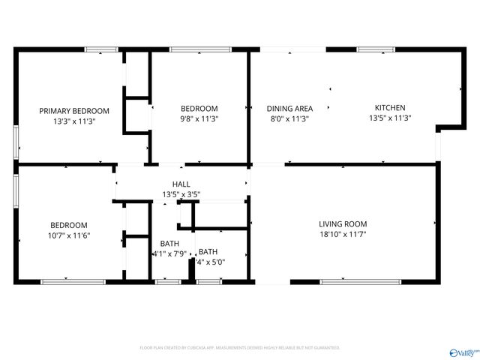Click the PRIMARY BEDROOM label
coord(74,110)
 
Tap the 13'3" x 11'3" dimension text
coord(74,120)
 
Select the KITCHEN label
coord(390,108)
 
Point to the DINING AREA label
coord(289,108)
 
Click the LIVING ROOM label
coord(343,223)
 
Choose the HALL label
coord(181,184)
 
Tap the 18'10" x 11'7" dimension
coord(343,234)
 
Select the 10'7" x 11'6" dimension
coord(69,235)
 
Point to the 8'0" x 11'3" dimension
coord(289,118)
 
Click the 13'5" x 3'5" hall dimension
coord(181,193)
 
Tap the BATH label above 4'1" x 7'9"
coord(169,243)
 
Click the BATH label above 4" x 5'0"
coord(208,251)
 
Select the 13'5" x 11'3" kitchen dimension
coord(390,118)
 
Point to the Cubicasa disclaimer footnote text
coord(240,348)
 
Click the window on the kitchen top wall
coord(376,49)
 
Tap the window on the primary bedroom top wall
coord(100,49)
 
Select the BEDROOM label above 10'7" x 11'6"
coord(69,225)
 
